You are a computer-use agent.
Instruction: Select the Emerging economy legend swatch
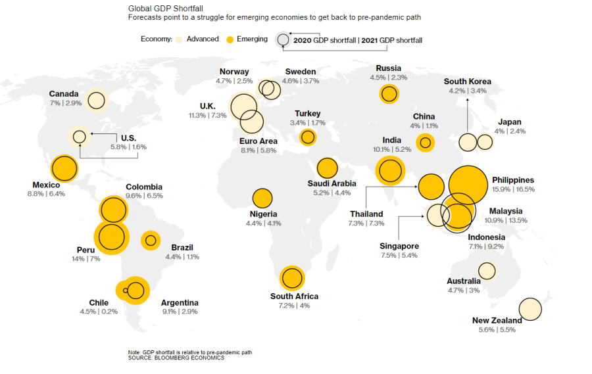pyautogui.click(x=230, y=39)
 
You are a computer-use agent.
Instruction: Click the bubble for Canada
pyautogui.click(x=97, y=101)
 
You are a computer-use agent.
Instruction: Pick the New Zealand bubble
pyautogui.click(x=530, y=309)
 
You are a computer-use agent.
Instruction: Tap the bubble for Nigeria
pyautogui.click(x=262, y=198)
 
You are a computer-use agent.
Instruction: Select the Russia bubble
pyautogui.click(x=389, y=94)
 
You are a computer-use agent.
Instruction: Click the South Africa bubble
pyautogui.click(x=291, y=278)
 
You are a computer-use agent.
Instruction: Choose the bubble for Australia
pyautogui.click(x=487, y=270)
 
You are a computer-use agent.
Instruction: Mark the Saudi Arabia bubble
pyautogui.click(x=327, y=168)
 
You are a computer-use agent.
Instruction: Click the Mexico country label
pyautogui.click(x=46, y=185)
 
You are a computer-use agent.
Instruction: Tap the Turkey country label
pyautogui.click(x=307, y=114)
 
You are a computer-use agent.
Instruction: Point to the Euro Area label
pyautogui.click(x=259, y=141)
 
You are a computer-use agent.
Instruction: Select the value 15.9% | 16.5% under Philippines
pyautogui.click(x=513, y=189)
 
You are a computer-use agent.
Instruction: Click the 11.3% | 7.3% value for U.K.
pyautogui.click(x=207, y=115)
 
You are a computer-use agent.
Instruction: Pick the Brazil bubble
pyautogui.click(x=151, y=241)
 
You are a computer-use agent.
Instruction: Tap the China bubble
pyautogui.click(x=425, y=142)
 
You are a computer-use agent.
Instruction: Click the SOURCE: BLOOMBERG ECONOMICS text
pyautogui.click(x=176, y=358)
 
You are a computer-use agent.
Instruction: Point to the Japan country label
pyautogui.click(x=509, y=122)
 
